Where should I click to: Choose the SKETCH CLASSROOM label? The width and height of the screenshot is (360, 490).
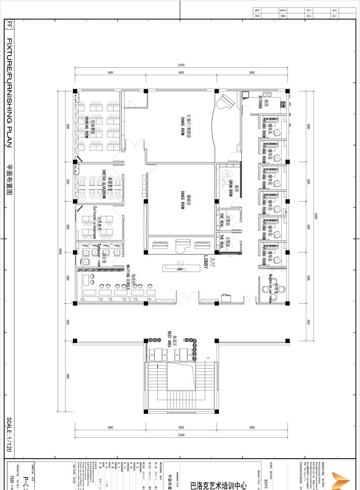pos(104,184)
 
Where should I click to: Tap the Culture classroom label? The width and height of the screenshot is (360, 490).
pos(94,223)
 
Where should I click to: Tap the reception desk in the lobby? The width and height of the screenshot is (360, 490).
pos(180,268)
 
